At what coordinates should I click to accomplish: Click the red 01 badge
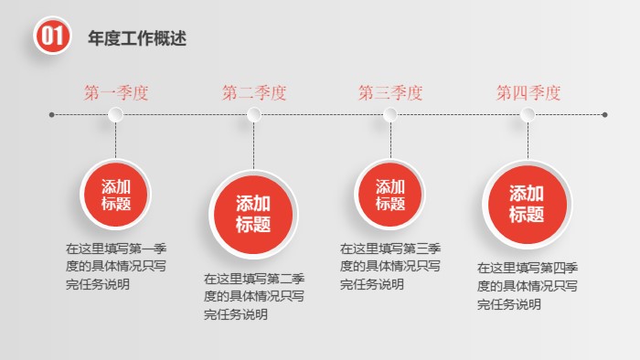pos(51,37)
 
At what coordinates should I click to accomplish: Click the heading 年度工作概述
pos(137,38)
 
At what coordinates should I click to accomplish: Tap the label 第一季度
pos(116,92)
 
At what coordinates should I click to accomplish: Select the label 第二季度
pos(254,92)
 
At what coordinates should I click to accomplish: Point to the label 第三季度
pos(390,92)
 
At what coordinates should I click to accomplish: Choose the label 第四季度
pos(528,92)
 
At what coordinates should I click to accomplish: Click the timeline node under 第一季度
pos(116,114)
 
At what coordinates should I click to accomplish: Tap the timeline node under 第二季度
pos(254,114)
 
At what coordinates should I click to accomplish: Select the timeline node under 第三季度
pos(390,114)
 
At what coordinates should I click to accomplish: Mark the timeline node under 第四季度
pos(528,114)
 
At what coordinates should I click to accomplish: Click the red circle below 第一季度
pos(116,195)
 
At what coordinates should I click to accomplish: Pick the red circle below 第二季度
pos(253,214)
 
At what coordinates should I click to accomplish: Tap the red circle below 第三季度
pos(390,195)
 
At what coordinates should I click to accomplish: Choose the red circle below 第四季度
pos(527,205)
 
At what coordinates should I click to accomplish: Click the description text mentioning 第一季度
pos(116,266)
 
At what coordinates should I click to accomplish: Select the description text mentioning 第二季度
pos(254,296)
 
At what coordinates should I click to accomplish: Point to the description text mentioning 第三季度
pos(391,266)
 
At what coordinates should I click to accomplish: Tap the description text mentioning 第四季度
pos(528,286)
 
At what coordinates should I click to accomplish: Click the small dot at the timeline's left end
pos(51,114)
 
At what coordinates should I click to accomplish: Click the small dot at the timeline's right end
pos(605,114)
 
